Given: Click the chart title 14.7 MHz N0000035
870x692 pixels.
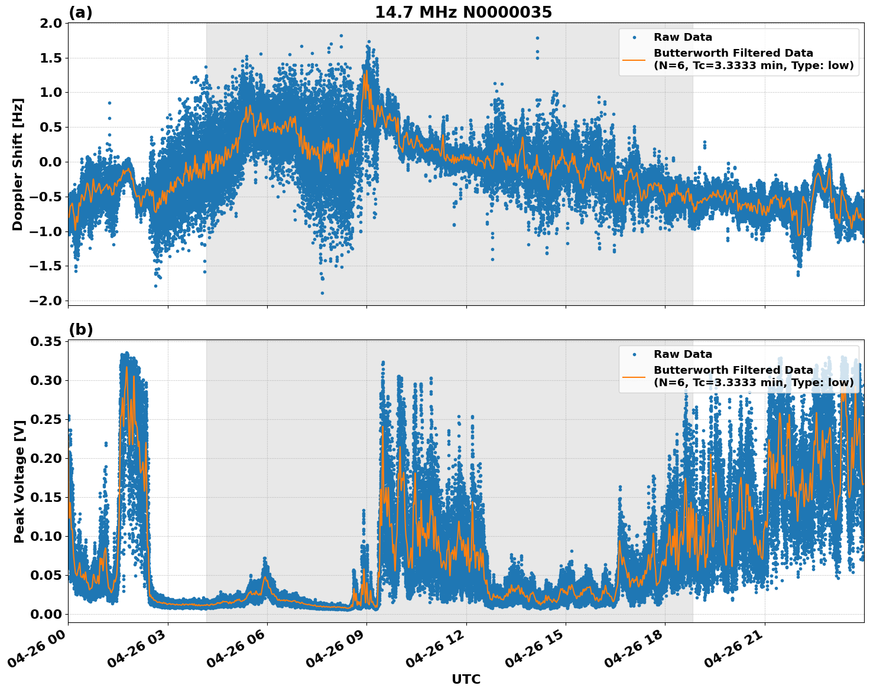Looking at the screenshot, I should (x=463, y=12).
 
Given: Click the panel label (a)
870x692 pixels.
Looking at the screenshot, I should (x=80, y=12).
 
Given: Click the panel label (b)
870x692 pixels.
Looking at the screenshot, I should (x=80, y=329).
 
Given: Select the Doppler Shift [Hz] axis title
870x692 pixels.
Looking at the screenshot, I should (x=18, y=164).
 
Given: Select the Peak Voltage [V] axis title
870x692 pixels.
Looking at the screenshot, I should (x=20, y=481).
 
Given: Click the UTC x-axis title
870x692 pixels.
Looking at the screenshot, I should (x=466, y=679).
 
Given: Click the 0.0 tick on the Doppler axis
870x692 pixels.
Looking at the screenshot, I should (x=50, y=162).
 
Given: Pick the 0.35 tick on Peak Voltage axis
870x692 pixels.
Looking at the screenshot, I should (x=46, y=342).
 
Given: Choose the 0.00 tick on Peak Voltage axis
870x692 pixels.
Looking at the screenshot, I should (x=46, y=614).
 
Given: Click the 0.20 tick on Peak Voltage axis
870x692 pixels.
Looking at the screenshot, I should (x=46, y=458).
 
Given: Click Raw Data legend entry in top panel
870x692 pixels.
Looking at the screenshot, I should (x=683, y=37).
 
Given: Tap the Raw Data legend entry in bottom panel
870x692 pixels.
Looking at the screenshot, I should (x=683, y=354).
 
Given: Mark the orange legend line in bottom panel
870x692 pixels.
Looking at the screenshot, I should (x=634, y=377).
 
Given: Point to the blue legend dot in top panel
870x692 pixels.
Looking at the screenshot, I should (x=634, y=37).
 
